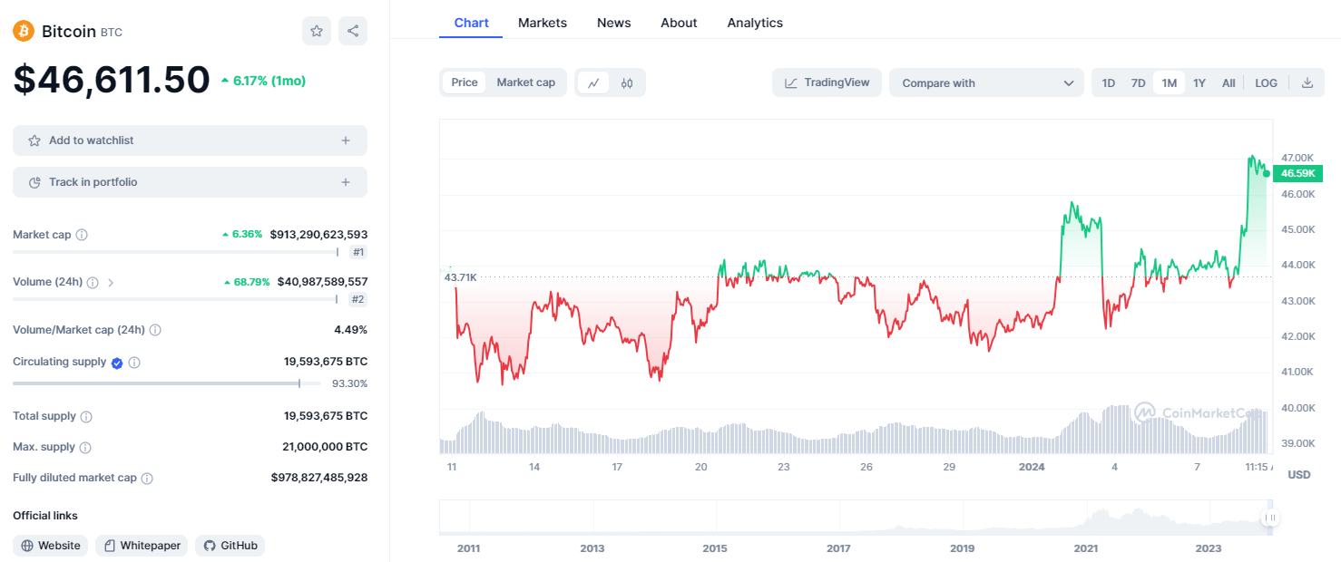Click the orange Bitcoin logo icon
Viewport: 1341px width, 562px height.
pyautogui.click(x=24, y=31)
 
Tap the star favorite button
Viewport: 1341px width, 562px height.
pyautogui.click(x=317, y=31)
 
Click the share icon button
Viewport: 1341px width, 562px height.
pyautogui.click(x=353, y=31)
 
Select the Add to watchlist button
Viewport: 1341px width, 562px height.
pyautogui.click(x=190, y=140)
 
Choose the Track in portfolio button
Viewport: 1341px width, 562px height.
pyautogui.click(x=190, y=182)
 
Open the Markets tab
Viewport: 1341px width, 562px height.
pyautogui.click(x=543, y=23)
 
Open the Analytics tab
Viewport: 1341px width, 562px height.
pyautogui.click(x=755, y=23)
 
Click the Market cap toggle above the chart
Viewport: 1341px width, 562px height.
pyautogui.click(x=526, y=82)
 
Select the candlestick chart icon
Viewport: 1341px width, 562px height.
pyautogui.click(x=627, y=82)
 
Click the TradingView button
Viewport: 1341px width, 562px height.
pyautogui.click(x=827, y=82)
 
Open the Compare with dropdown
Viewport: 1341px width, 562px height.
pyautogui.click(x=986, y=82)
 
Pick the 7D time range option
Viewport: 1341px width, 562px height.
pyautogui.click(x=1138, y=82)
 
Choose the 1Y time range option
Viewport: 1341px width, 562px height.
pyautogui.click(x=1199, y=82)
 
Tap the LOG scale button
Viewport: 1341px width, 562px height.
pyautogui.click(x=1266, y=82)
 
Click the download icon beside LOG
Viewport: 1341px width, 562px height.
pyautogui.click(x=1307, y=82)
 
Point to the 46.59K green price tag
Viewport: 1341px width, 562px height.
pyautogui.click(x=1297, y=173)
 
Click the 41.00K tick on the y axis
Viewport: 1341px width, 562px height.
pyautogui.click(x=1297, y=372)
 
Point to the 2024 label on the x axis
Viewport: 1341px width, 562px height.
pyautogui.click(x=1032, y=467)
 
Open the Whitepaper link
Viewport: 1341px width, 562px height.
pyautogui.click(x=142, y=546)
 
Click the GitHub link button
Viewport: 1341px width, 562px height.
pyautogui.click(x=230, y=546)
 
